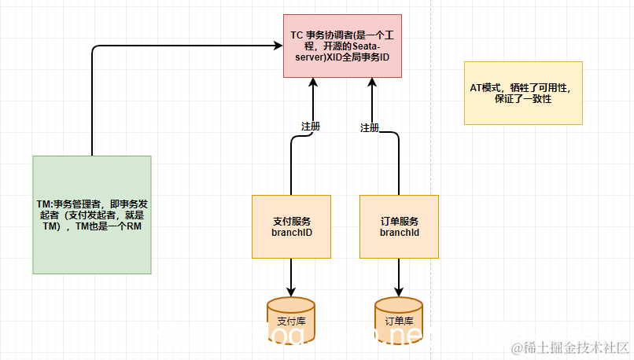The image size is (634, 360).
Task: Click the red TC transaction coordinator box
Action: click(x=342, y=45)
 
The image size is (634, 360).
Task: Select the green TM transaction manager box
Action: click(x=92, y=214)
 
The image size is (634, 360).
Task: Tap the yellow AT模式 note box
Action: click(x=523, y=93)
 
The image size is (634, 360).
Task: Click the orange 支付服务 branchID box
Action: click(x=293, y=226)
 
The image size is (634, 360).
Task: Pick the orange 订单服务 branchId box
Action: click(x=399, y=226)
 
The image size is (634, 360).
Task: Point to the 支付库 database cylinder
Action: click(x=291, y=318)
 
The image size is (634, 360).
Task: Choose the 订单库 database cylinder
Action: click(x=399, y=318)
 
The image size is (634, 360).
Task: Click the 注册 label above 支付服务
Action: click(x=311, y=126)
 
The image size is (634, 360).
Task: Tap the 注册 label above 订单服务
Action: click(x=369, y=127)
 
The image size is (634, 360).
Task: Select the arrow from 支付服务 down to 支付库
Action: click(x=293, y=275)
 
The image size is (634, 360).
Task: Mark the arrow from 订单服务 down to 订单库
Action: click(x=399, y=275)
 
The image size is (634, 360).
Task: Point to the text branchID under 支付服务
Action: click(x=293, y=233)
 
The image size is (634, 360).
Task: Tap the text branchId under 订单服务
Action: click(x=399, y=233)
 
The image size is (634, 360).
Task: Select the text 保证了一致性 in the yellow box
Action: click(x=522, y=101)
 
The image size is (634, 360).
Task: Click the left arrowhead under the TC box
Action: click(x=313, y=83)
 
